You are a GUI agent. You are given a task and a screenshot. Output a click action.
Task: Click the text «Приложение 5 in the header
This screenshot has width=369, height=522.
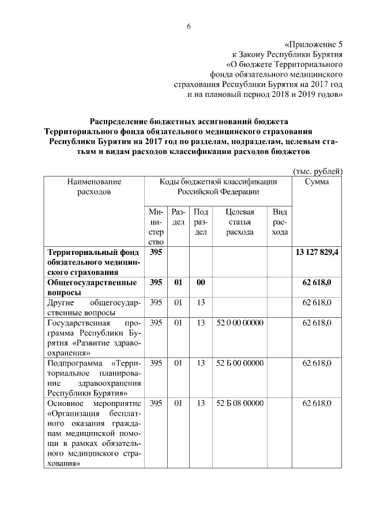pyautogui.click(x=314, y=43)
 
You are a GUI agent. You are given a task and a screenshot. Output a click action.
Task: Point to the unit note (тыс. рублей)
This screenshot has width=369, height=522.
pyautogui.click(x=318, y=171)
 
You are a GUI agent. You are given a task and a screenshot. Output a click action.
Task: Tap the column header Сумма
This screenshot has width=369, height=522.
pyautogui.click(x=318, y=182)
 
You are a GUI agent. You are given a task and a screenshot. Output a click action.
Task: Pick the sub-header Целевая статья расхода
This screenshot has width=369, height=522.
pyautogui.click(x=240, y=222)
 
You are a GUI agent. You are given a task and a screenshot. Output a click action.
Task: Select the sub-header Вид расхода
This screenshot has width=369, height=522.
pyautogui.click(x=280, y=222)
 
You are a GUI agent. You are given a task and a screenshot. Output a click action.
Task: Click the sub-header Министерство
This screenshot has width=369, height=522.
pyautogui.click(x=155, y=227)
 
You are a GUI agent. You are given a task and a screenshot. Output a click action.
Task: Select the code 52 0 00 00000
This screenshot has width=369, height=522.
pyautogui.click(x=240, y=322)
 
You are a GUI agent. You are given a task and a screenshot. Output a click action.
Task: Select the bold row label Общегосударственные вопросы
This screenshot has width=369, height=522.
pyautogui.click(x=92, y=287)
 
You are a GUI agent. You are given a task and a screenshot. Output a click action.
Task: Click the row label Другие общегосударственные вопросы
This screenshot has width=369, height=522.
pyautogui.click(x=92, y=307)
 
